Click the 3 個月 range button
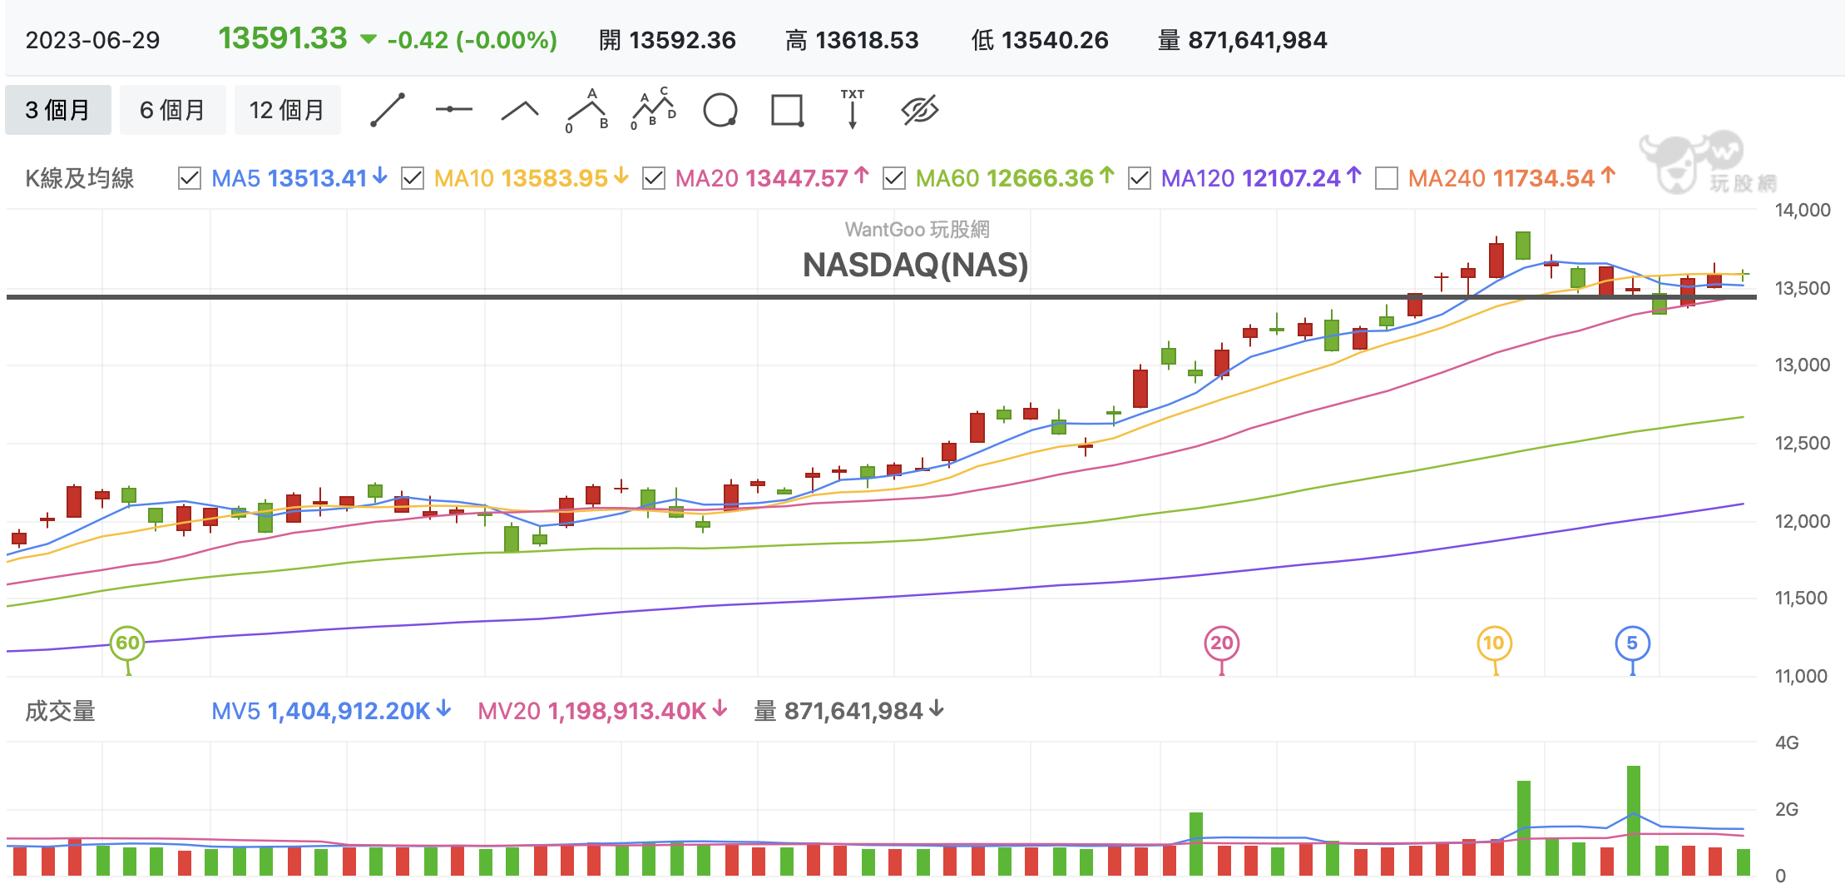point(57,110)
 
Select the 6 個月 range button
point(172,110)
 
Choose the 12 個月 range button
point(287,110)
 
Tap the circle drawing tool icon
point(720,110)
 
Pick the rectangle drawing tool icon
point(787,110)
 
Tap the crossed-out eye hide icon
point(919,110)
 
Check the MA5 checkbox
point(190,178)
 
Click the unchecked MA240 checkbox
point(1387,178)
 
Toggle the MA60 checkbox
point(894,178)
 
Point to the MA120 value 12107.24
point(1291,178)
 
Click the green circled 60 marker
point(127,643)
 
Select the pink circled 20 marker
point(1221,643)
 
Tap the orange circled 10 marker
point(1494,643)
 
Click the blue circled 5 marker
point(1632,643)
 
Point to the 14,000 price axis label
point(1802,210)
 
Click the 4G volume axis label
point(1787,742)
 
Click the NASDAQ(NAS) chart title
point(915,266)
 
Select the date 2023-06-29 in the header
point(92,40)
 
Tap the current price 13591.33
point(283,38)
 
